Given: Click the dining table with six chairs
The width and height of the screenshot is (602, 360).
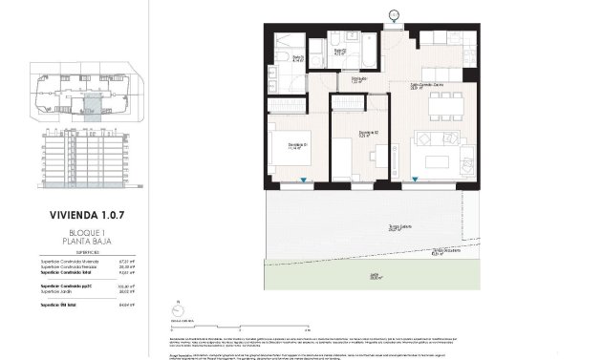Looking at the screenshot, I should (x=443, y=101).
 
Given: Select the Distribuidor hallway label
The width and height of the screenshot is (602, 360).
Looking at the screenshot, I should (x=358, y=79).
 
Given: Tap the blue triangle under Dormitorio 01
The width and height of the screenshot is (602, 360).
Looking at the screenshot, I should (x=304, y=180).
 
